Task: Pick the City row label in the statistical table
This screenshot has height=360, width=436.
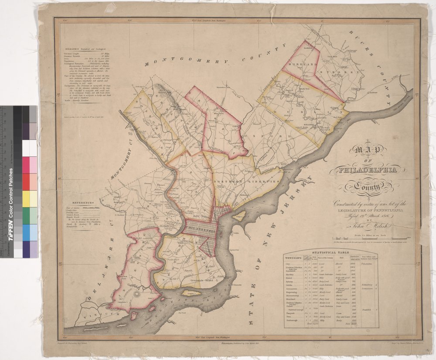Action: click(x=288, y=264)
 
